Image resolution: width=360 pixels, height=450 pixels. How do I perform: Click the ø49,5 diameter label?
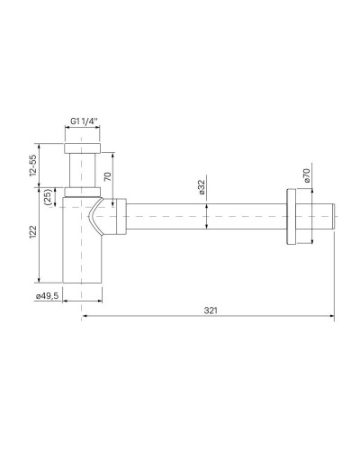pyautogui.click(x=47, y=295)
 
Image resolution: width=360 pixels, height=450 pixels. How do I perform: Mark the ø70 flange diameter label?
pyautogui.click(x=306, y=176)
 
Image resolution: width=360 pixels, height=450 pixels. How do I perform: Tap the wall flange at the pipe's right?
pyautogui.click(x=292, y=218)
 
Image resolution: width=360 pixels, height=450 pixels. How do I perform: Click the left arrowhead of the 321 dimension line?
pyautogui.click(x=85, y=316)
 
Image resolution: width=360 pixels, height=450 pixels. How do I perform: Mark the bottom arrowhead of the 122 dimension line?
pyautogui.click(x=43, y=280)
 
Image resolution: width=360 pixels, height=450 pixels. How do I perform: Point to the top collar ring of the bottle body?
pyautogui.click(x=82, y=191)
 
